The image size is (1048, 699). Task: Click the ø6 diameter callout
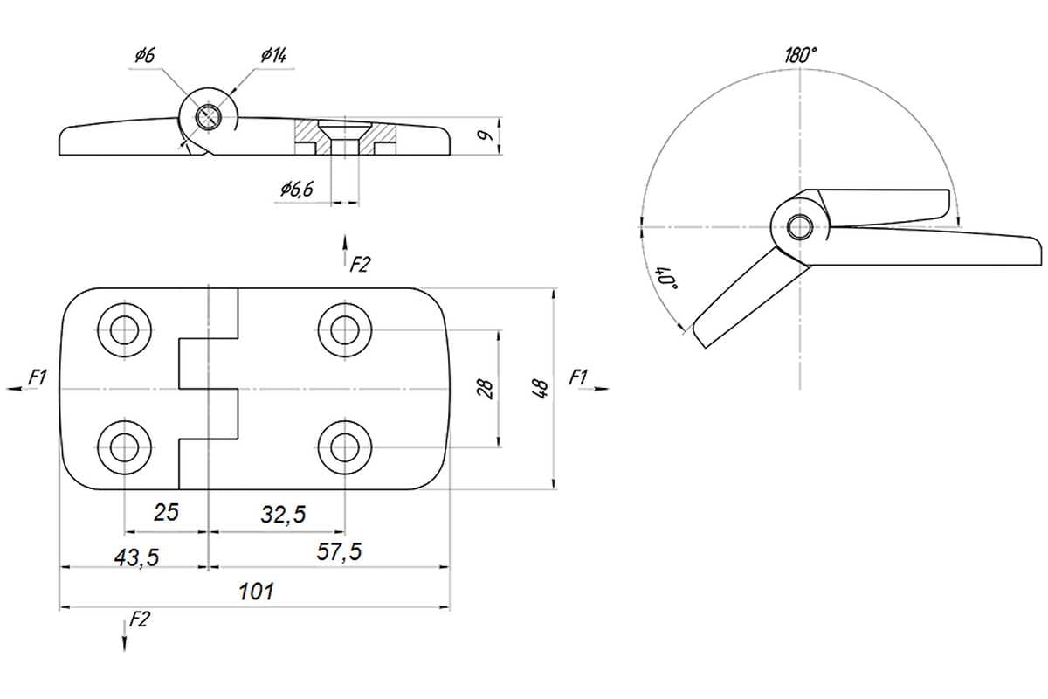(145, 56)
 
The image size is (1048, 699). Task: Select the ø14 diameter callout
(273, 56)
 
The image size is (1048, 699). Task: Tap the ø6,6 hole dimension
(297, 189)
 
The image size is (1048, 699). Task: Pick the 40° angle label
(670, 279)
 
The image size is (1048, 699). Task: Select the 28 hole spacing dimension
(487, 387)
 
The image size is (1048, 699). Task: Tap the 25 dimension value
(166, 513)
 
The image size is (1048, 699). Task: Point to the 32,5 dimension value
(284, 515)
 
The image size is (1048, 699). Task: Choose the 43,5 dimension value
(136, 557)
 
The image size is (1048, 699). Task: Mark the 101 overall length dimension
(256, 592)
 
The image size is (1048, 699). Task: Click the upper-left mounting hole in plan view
(123, 329)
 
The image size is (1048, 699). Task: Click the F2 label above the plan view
(360, 264)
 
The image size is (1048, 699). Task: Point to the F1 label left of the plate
(37, 377)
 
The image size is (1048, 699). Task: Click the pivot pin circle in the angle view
(798, 226)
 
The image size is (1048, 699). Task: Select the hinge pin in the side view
(209, 116)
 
